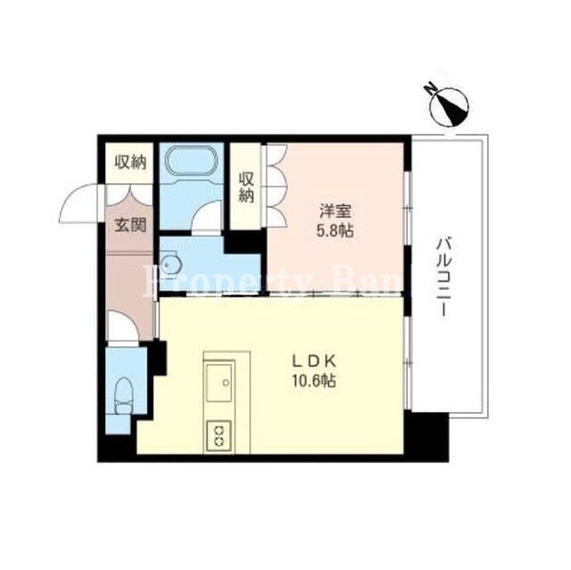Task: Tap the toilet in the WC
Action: pos(124,395)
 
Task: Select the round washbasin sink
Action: pos(170,265)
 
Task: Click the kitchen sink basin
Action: pos(219,382)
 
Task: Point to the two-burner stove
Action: pos(219,436)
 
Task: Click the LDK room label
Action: pos(314,361)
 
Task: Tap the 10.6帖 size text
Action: pos(313,381)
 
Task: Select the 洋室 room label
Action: pos(335,211)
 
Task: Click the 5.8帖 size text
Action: pos(335,230)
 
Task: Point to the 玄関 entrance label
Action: pos(131,226)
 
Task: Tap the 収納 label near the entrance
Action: pos(130,162)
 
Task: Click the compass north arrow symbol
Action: pos(449,107)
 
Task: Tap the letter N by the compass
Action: pos(430,88)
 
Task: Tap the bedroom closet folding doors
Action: pos(277,186)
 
